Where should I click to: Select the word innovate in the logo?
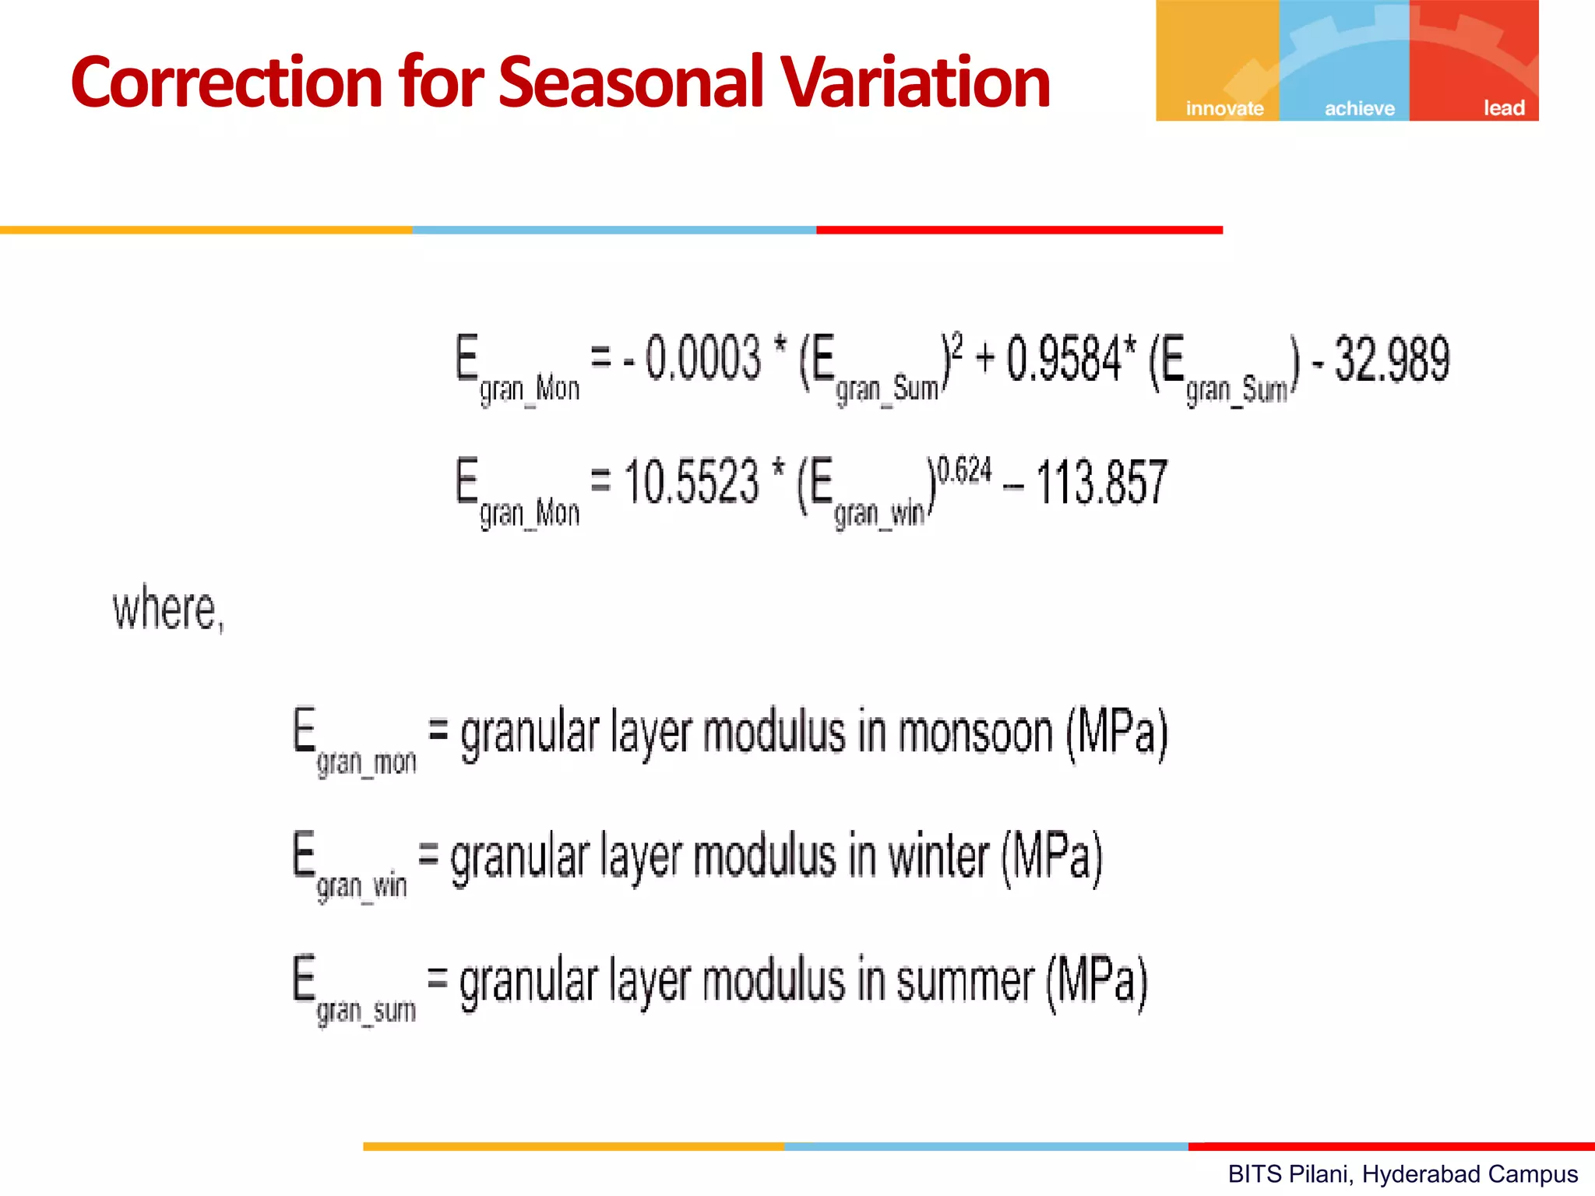(x=1224, y=108)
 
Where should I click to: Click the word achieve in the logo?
(x=1359, y=108)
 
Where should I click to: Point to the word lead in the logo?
(x=1503, y=108)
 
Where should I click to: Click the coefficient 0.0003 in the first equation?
(x=702, y=359)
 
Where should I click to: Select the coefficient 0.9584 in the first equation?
(x=1063, y=359)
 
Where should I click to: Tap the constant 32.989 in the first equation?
(x=1392, y=359)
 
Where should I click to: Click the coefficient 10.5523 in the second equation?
(x=691, y=482)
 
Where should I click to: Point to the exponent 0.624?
(x=964, y=470)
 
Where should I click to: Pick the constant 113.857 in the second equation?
(x=1101, y=483)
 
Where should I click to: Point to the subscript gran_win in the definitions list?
(x=361, y=887)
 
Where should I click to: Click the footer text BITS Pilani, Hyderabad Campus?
(x=1402, y=1174)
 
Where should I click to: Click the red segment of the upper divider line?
(x=1019, y=230)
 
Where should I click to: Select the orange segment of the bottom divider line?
(x=573, y=1146)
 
